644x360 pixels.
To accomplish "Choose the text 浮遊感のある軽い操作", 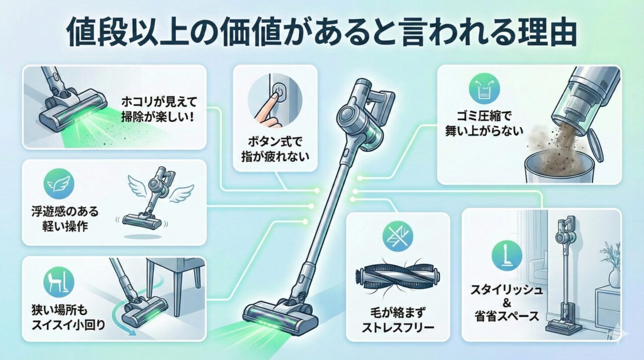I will (65, 219).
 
